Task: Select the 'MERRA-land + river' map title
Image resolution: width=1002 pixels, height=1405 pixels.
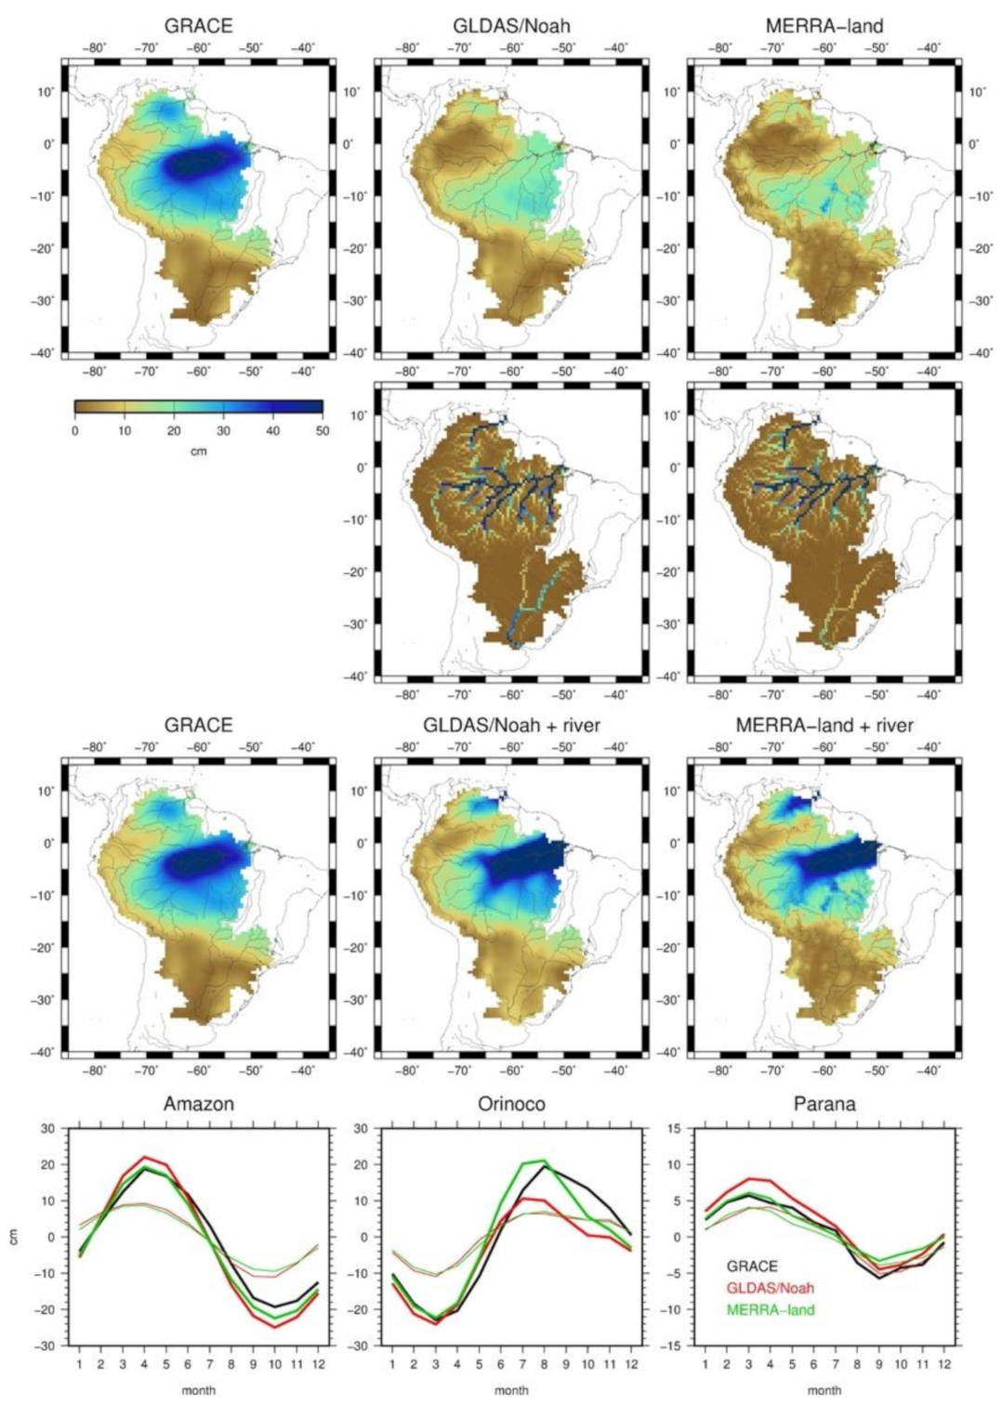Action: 824,724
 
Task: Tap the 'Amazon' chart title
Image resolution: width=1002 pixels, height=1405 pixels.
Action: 198,1104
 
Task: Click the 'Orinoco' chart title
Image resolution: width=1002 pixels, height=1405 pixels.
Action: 511,1104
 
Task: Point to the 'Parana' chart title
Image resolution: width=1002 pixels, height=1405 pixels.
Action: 824,1104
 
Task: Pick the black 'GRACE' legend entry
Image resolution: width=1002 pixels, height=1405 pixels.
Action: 752,1267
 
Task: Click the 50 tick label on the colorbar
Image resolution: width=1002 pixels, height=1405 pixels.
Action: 322,431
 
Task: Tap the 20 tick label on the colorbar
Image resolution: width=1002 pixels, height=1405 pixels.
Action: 174,431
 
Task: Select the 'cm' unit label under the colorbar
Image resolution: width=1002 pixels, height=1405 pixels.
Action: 198,451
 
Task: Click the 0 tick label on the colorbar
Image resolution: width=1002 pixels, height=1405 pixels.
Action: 74,431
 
